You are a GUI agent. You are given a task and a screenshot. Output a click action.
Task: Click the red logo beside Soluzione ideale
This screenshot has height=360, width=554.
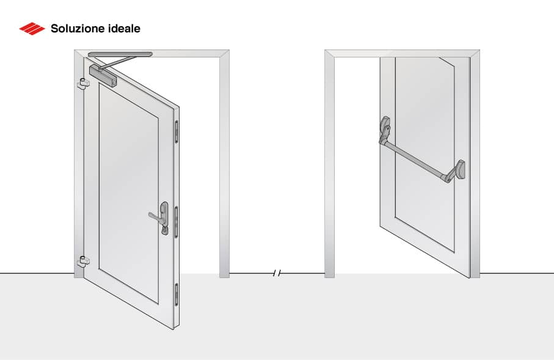coord(32,28)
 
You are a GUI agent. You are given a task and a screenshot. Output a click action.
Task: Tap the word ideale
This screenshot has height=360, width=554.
coord(125,28)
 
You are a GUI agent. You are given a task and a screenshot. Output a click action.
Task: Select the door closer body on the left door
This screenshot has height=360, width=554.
coord(103,75)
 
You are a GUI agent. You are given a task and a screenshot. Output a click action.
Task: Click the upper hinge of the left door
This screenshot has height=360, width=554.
coord(82,84)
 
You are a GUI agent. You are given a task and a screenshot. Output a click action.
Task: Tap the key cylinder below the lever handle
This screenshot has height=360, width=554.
coord(164,230)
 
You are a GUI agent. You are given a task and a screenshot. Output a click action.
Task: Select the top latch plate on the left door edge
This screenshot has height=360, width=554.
coord(177,131)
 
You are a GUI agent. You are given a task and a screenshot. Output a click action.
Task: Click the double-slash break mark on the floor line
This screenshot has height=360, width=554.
coord(277,273)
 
